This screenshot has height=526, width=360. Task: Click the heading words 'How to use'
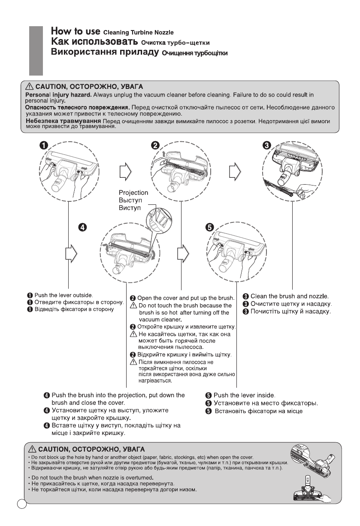coord(76,32)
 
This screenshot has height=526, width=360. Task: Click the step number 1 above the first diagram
coord(44,145)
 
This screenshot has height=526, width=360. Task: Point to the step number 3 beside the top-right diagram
coord(266,145)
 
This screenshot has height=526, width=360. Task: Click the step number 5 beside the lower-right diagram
coord(209,227)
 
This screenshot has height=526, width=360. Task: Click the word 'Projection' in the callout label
coord(134,193)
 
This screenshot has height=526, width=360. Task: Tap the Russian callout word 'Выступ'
coord(131,201)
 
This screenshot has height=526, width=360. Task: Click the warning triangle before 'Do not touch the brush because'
coord(133,306)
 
